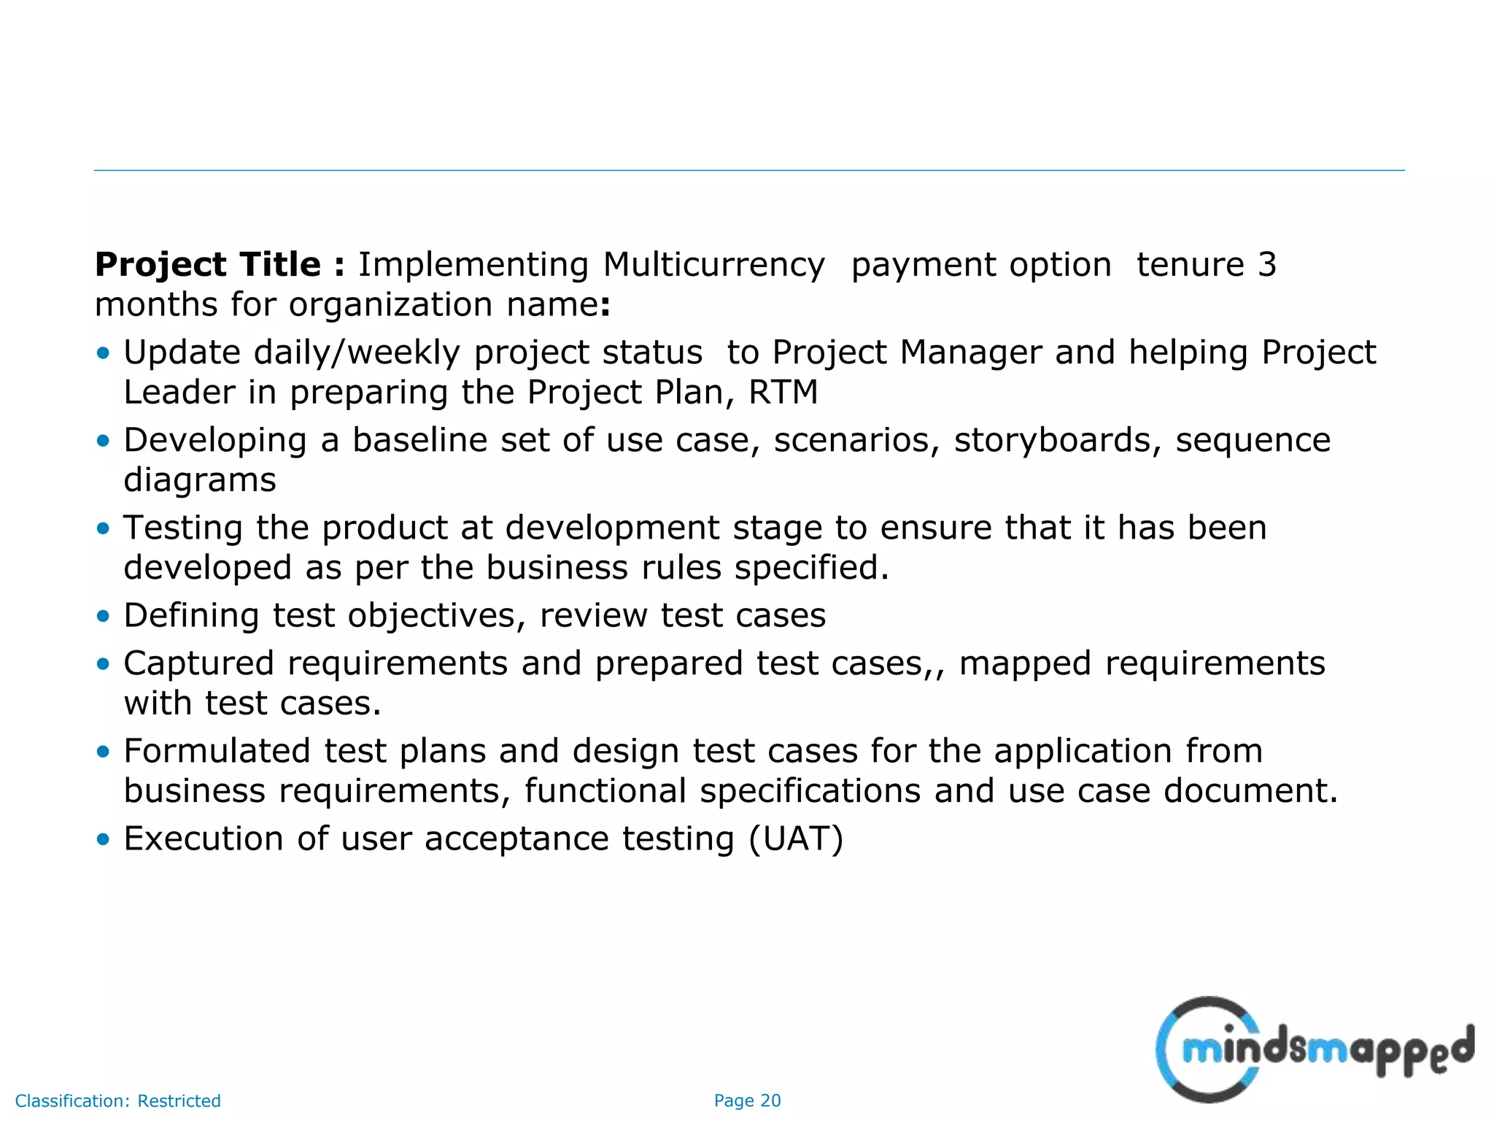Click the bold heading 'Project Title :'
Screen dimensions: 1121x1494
tap(219, 264)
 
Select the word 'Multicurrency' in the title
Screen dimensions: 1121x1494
tap(713, 266)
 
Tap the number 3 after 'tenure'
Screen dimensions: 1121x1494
tap(1267, 264)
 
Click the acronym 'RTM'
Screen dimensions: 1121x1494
tap(783, 393)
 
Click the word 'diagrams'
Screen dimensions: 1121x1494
tap(200, 481)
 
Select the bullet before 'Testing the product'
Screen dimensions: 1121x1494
tap(103, 528)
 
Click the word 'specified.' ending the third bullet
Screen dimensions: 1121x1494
tap(812, 568)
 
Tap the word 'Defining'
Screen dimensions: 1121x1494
tap(191, 616)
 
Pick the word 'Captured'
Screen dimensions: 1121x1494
tap(198, 663)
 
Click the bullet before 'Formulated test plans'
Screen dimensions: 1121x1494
tap(103, 751)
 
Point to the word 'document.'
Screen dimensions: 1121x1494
tap(1250, 791)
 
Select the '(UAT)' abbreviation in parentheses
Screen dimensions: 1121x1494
tap(796, 839)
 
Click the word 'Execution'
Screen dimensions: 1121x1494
tap(204, 839)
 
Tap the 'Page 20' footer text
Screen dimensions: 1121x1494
tap(747, 1101)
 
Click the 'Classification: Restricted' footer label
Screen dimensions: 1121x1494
tap(117, 1101)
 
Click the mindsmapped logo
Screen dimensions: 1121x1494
tap(1314, 1049)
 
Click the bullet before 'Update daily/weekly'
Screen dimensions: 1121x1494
tap(103, 353)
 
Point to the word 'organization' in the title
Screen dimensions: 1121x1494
tap(390, 305)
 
